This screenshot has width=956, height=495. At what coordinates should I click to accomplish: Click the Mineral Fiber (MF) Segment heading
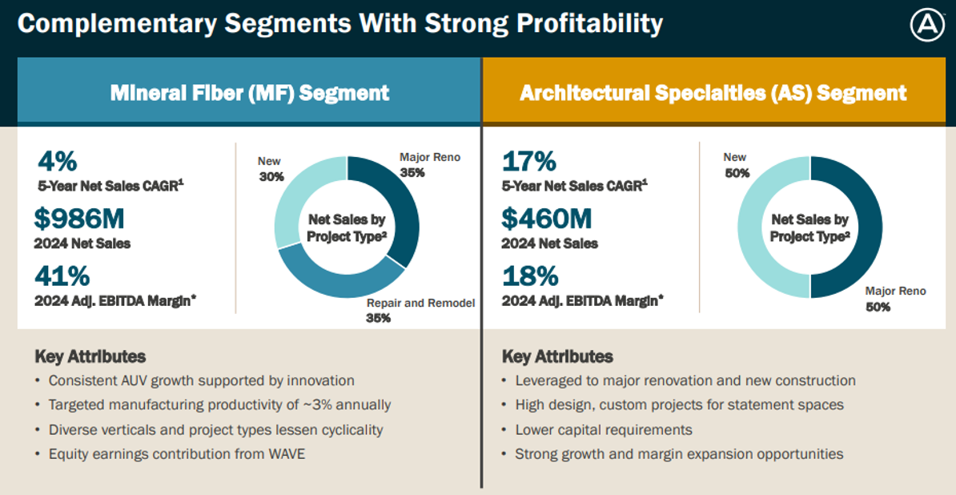click(250, 93)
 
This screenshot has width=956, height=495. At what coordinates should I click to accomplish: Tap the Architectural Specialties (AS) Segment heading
click(713, 93)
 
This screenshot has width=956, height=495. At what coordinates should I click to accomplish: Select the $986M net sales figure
click(79, 219)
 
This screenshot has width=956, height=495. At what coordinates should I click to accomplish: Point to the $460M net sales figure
click(547, 219)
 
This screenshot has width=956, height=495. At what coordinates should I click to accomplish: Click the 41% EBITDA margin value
click(62, 276)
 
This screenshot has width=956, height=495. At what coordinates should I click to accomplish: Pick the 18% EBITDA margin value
click(529, 276)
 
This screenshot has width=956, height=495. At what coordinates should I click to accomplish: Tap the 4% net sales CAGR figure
click(57, 161)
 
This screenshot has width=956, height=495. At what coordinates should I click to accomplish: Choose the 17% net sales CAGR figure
click(529, 161)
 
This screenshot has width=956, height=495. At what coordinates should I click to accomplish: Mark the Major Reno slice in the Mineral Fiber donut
click(397, 200)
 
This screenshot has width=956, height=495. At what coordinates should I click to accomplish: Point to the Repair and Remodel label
click(420, 304)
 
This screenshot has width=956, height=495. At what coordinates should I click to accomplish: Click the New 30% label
click(271, 169)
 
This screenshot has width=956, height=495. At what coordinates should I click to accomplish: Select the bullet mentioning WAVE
click(176, 454)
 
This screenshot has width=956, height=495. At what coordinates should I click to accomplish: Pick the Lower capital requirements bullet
click(603, 430)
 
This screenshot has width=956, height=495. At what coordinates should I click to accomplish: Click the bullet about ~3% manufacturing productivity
click(219, 405)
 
